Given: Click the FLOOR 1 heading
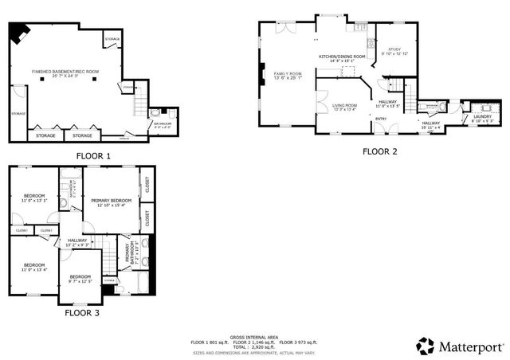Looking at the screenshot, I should (x=93, y=156).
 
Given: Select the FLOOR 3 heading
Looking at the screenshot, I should (x=82, y=313).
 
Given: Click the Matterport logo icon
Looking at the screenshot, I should (x=425, y=346).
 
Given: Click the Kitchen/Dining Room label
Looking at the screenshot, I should (x=342, y=57).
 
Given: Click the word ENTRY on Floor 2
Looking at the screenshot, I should (x=381, y=119).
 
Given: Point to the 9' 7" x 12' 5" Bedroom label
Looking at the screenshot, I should (x=80, y=279).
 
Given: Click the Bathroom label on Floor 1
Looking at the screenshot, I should (x=161, y=123).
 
